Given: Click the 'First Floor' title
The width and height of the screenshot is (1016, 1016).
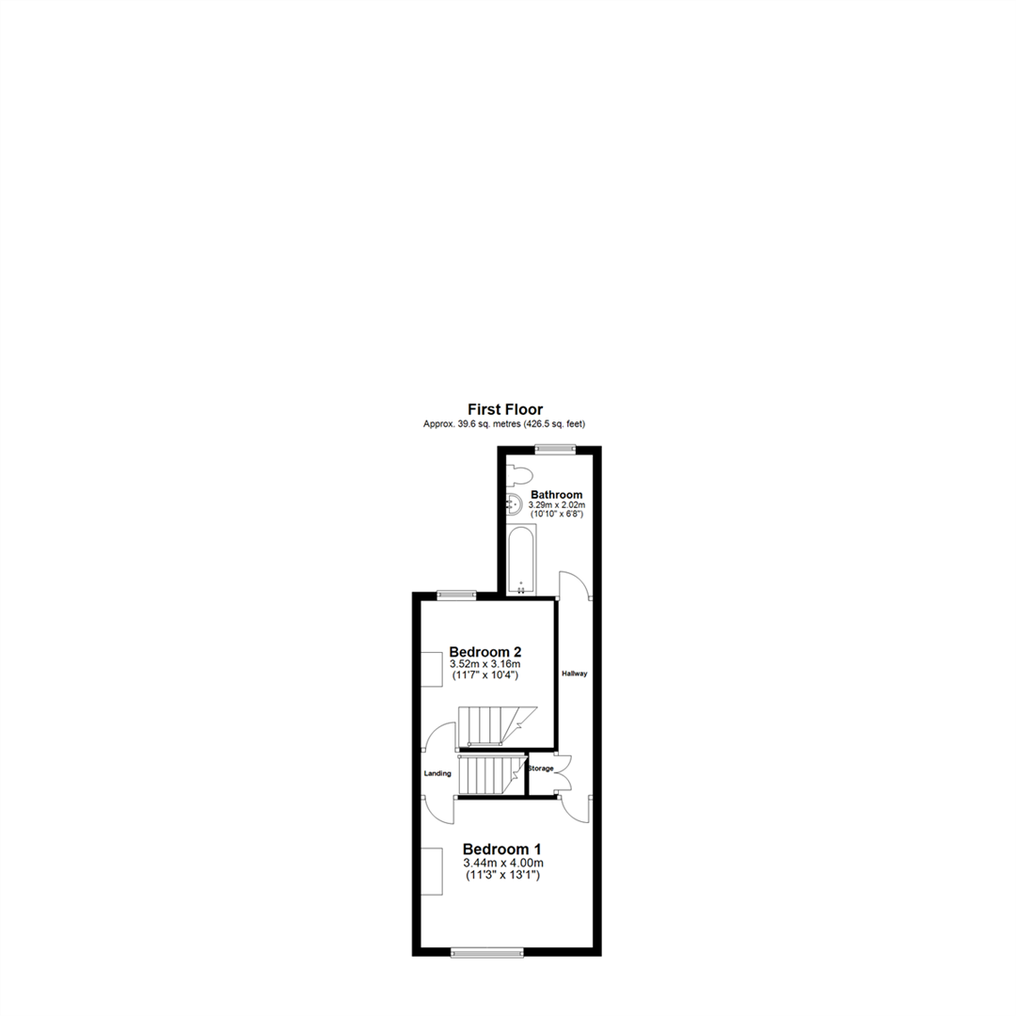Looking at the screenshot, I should (x=505, y=409).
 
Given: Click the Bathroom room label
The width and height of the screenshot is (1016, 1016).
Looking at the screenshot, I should (x=556, y=494).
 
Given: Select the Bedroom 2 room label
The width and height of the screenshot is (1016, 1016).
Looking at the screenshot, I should (x=484, y=651).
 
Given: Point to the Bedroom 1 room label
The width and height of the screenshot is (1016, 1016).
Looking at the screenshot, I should (x=503, y=849).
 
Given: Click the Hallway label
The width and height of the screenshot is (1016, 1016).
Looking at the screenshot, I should (x=574, y=674).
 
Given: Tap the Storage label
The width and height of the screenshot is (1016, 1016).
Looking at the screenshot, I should (x=540, y=769).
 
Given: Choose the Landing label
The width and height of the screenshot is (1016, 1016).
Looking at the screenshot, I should (x=438, y=773).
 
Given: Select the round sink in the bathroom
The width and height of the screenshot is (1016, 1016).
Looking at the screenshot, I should (x=514, y=504).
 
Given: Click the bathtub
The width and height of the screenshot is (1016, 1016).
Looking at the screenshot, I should (x=520, y=560).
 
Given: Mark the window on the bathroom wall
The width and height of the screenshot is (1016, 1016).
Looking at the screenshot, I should (x=553, y=450).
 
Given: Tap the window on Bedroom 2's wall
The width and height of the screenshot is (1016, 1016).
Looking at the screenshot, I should (x=455, y=594).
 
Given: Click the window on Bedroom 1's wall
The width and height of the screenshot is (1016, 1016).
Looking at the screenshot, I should (x=486, y=953).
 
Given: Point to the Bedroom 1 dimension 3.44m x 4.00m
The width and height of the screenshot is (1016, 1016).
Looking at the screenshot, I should (x=503, y=863).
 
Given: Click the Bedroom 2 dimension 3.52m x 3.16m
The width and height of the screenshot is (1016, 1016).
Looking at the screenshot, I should (x=484, y=664).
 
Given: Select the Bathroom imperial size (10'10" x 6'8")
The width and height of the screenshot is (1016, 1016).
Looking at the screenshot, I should (x=556, y=516).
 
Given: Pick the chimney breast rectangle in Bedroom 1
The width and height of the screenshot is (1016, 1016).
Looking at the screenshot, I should (x=431, y=871).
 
